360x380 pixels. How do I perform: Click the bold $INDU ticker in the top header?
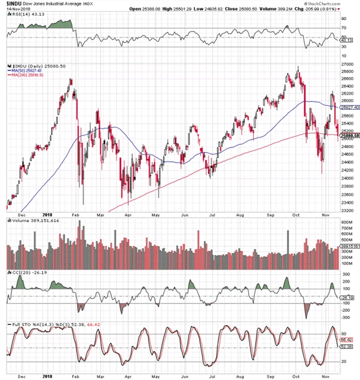pos(12,4)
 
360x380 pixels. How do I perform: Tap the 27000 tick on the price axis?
pos(346,65)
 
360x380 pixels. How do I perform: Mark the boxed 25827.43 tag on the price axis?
pos(348,107)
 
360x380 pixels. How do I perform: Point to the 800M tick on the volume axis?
pos(345,222)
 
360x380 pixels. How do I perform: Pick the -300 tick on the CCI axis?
pos(345,316)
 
